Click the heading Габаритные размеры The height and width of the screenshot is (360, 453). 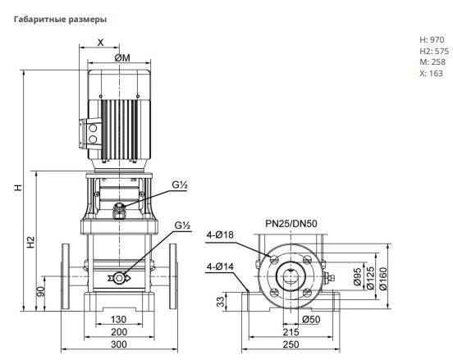pyautogui.click(x=60, y=20)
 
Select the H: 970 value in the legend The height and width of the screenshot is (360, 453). pyautogui.click(x=432, y=39)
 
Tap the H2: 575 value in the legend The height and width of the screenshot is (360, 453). pyautogui.click(x=434, y=51)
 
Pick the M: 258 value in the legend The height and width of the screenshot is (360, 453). pyautogui.click(x=432, y=62)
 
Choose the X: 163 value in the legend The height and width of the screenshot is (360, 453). pyautogui.click(x=431, y=73)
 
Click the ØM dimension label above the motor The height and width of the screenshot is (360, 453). pyautogui.click(x=122, y=57)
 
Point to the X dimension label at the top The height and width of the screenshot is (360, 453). pyautogui.click(x=100, y=43)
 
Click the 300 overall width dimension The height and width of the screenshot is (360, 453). pyautogui.click(x=119, y=344)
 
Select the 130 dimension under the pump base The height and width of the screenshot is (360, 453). pyautogui.click(x=119, y=319)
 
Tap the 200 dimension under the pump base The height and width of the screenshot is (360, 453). pyautogui.click(x=119, y=331)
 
